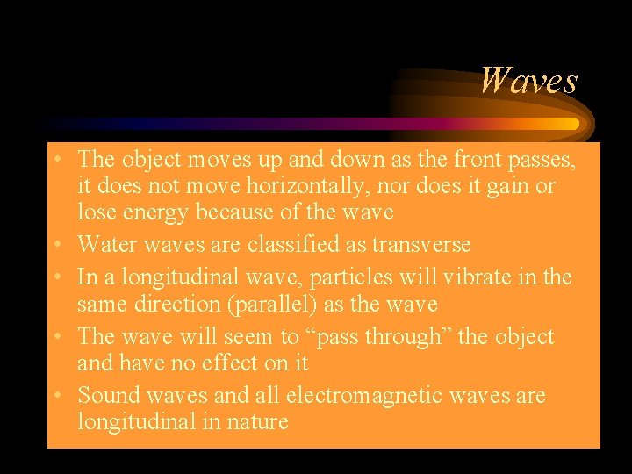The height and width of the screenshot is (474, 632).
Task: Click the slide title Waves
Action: (x=528, y=81)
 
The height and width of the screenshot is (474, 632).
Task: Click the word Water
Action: (x=104, y=244)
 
